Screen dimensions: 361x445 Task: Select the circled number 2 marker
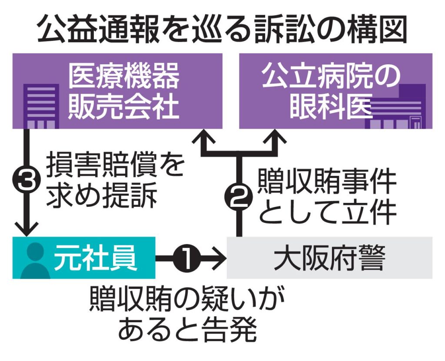[x=238, y=199]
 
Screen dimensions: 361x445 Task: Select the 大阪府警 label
[x=329, y=259]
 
